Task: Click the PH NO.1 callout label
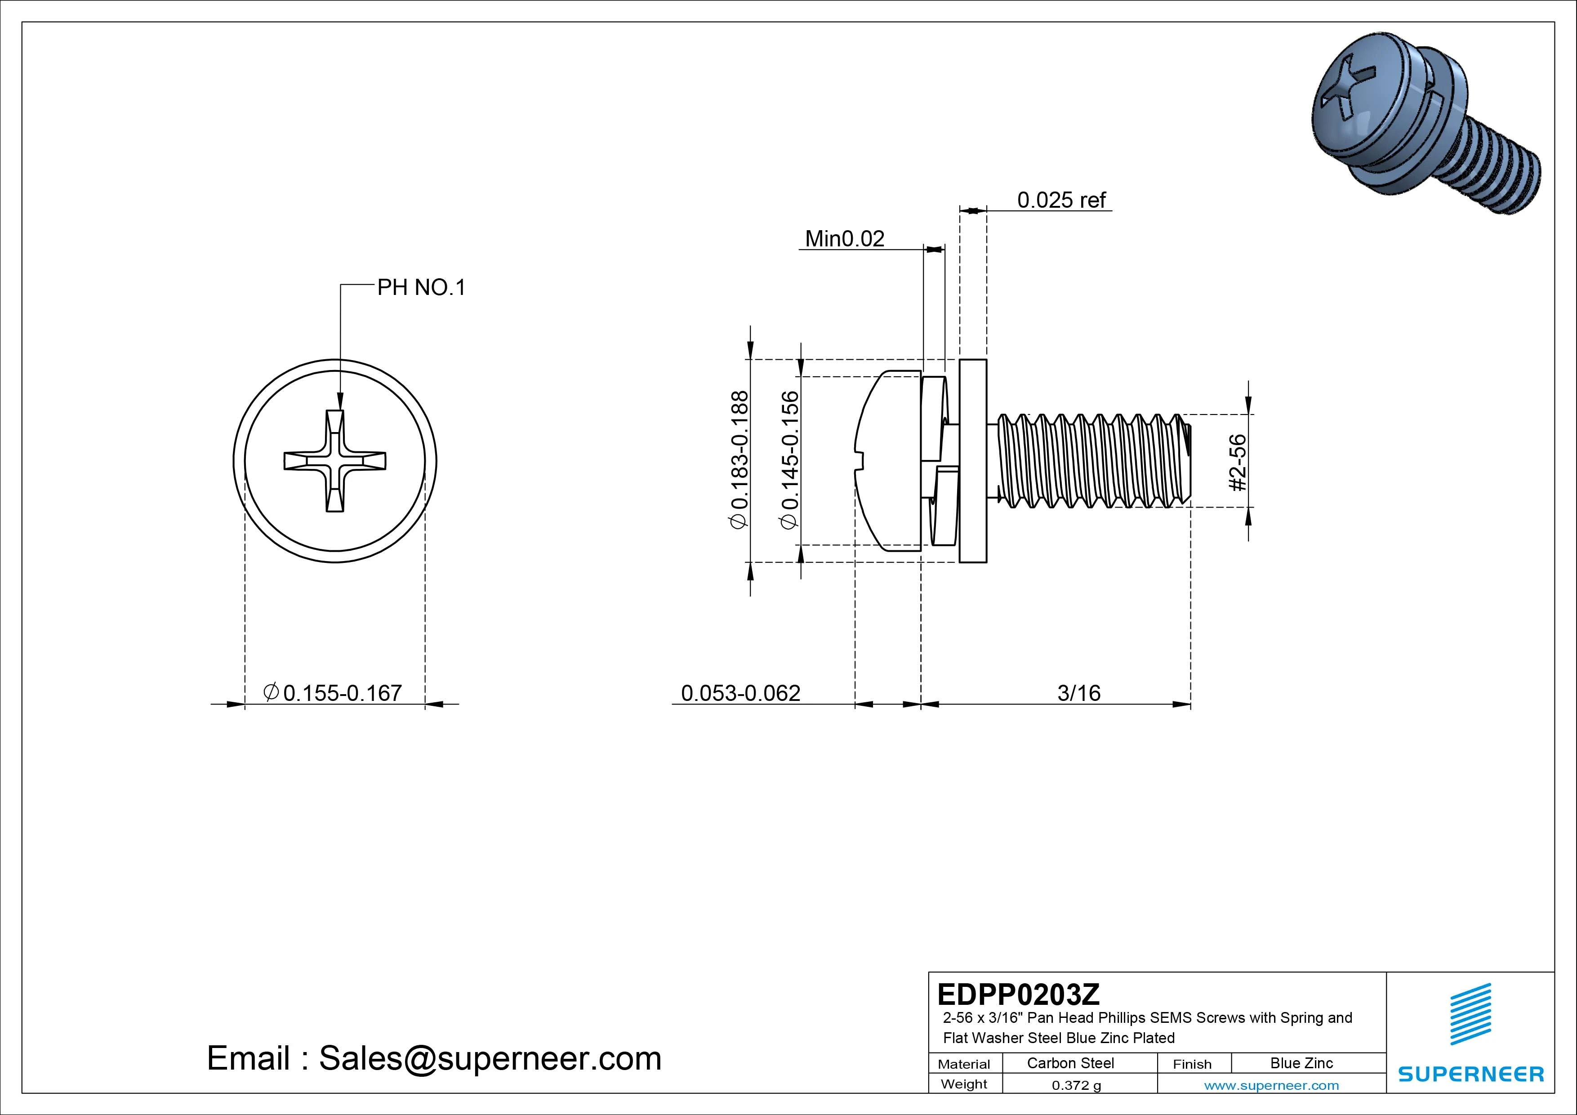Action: click(x=421, y=287)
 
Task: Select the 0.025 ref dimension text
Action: click(x=1061, y=200)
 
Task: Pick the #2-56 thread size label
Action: click(x=1237, y=462)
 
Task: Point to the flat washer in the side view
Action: click(x=972, y=460)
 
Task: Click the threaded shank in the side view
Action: click(x=1092, y=460)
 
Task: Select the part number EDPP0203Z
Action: click(x=1018, y=994)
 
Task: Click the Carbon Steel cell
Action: click(x=1070, y=1063)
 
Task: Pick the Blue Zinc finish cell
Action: click(x=1301, y=1063)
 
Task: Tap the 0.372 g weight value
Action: click(x=1076, y=1085)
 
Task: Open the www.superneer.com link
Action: click(x=1271, y=1085)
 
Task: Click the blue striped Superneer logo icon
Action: click(x=1470, y=1013)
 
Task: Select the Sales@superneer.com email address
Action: click(x=490, y=1058)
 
